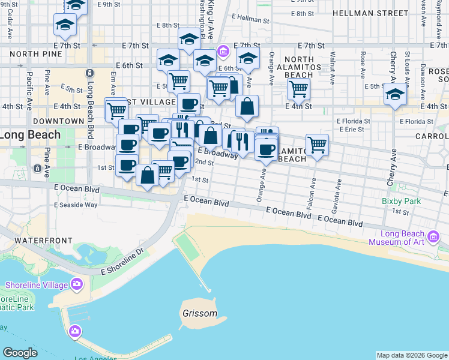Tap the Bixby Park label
point(401,202)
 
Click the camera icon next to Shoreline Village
point(77,284)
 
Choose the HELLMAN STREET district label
point(370,13)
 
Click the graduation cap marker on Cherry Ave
point(395,95)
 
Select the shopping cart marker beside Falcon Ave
point(317,144)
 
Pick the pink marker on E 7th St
point(223,52)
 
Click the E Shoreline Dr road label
point(124,259)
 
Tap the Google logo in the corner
point(20,353)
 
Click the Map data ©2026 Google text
point(411,355)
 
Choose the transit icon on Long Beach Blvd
point(89,73)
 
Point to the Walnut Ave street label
point(332,64)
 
